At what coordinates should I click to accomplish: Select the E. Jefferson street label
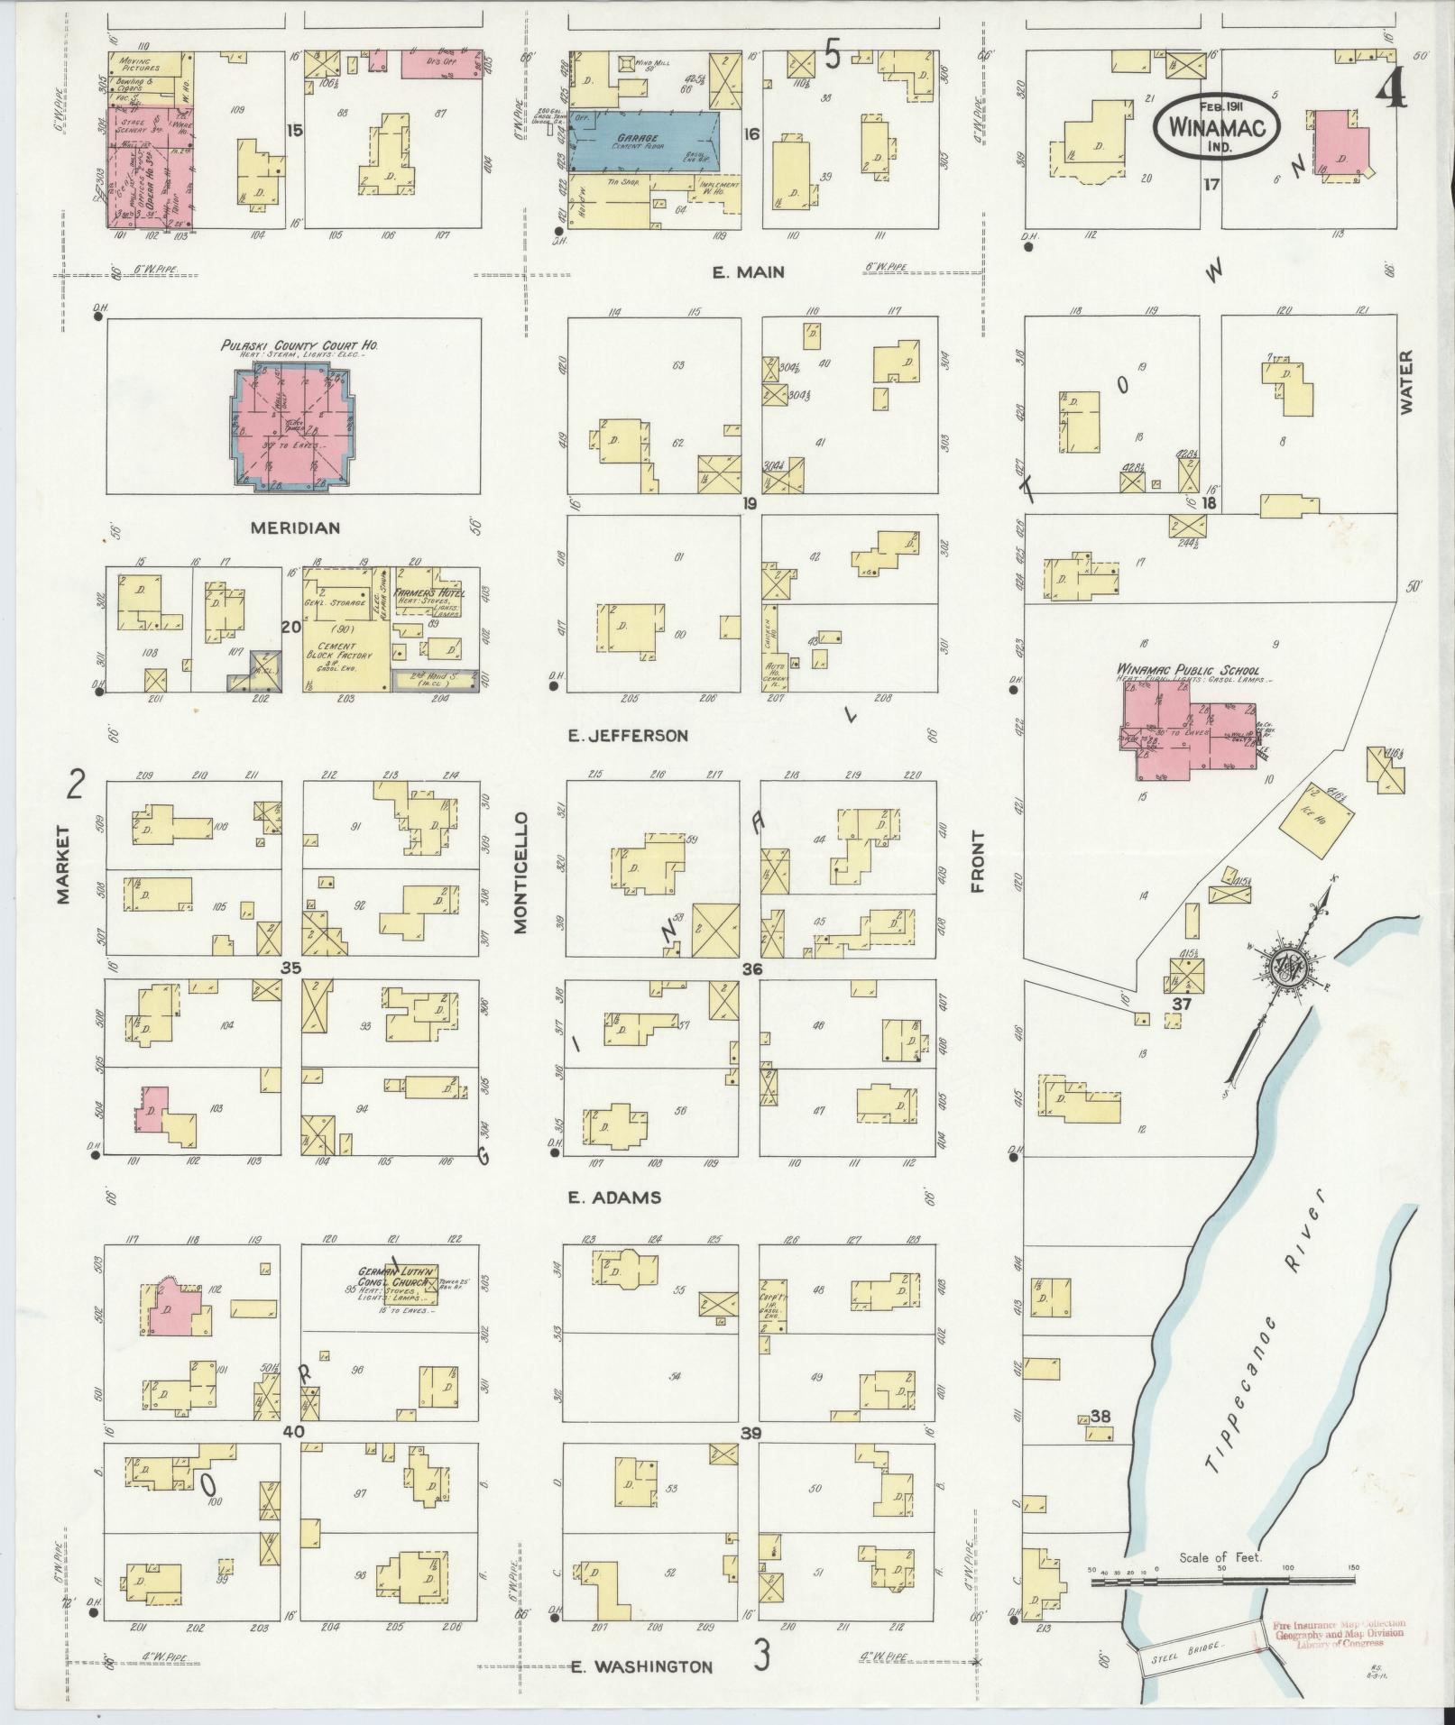pos(628,735)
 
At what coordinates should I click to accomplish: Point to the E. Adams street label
pos(614,1197)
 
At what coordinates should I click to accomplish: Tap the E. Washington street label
pos(641,1667)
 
